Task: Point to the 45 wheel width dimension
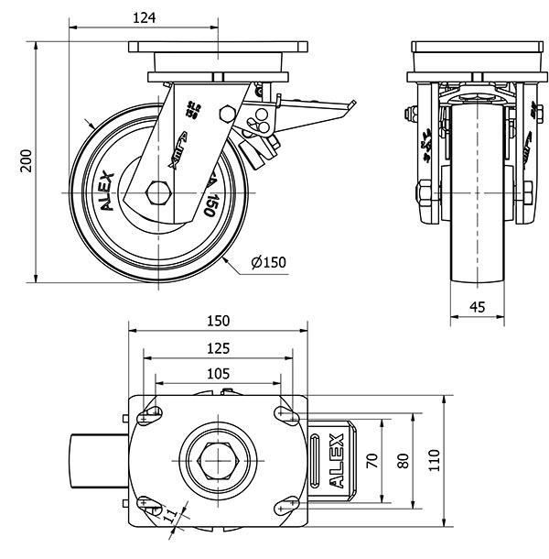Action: tap(477, 307)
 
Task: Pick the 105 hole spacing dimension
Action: tap(218, 373)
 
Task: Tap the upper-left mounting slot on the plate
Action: tap(149, 415)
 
